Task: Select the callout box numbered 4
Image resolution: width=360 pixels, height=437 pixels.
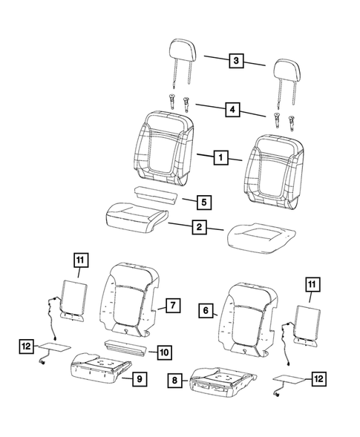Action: point(235,109)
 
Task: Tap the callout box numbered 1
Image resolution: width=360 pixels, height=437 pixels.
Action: point(219,157)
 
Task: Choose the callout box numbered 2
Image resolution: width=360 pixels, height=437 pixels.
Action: point(199,228)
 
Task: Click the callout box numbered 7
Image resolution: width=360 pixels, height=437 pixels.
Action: point(171,304)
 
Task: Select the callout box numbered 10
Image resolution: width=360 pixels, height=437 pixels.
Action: point(164,351)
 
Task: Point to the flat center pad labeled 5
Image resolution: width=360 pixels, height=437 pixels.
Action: point(155,194)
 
